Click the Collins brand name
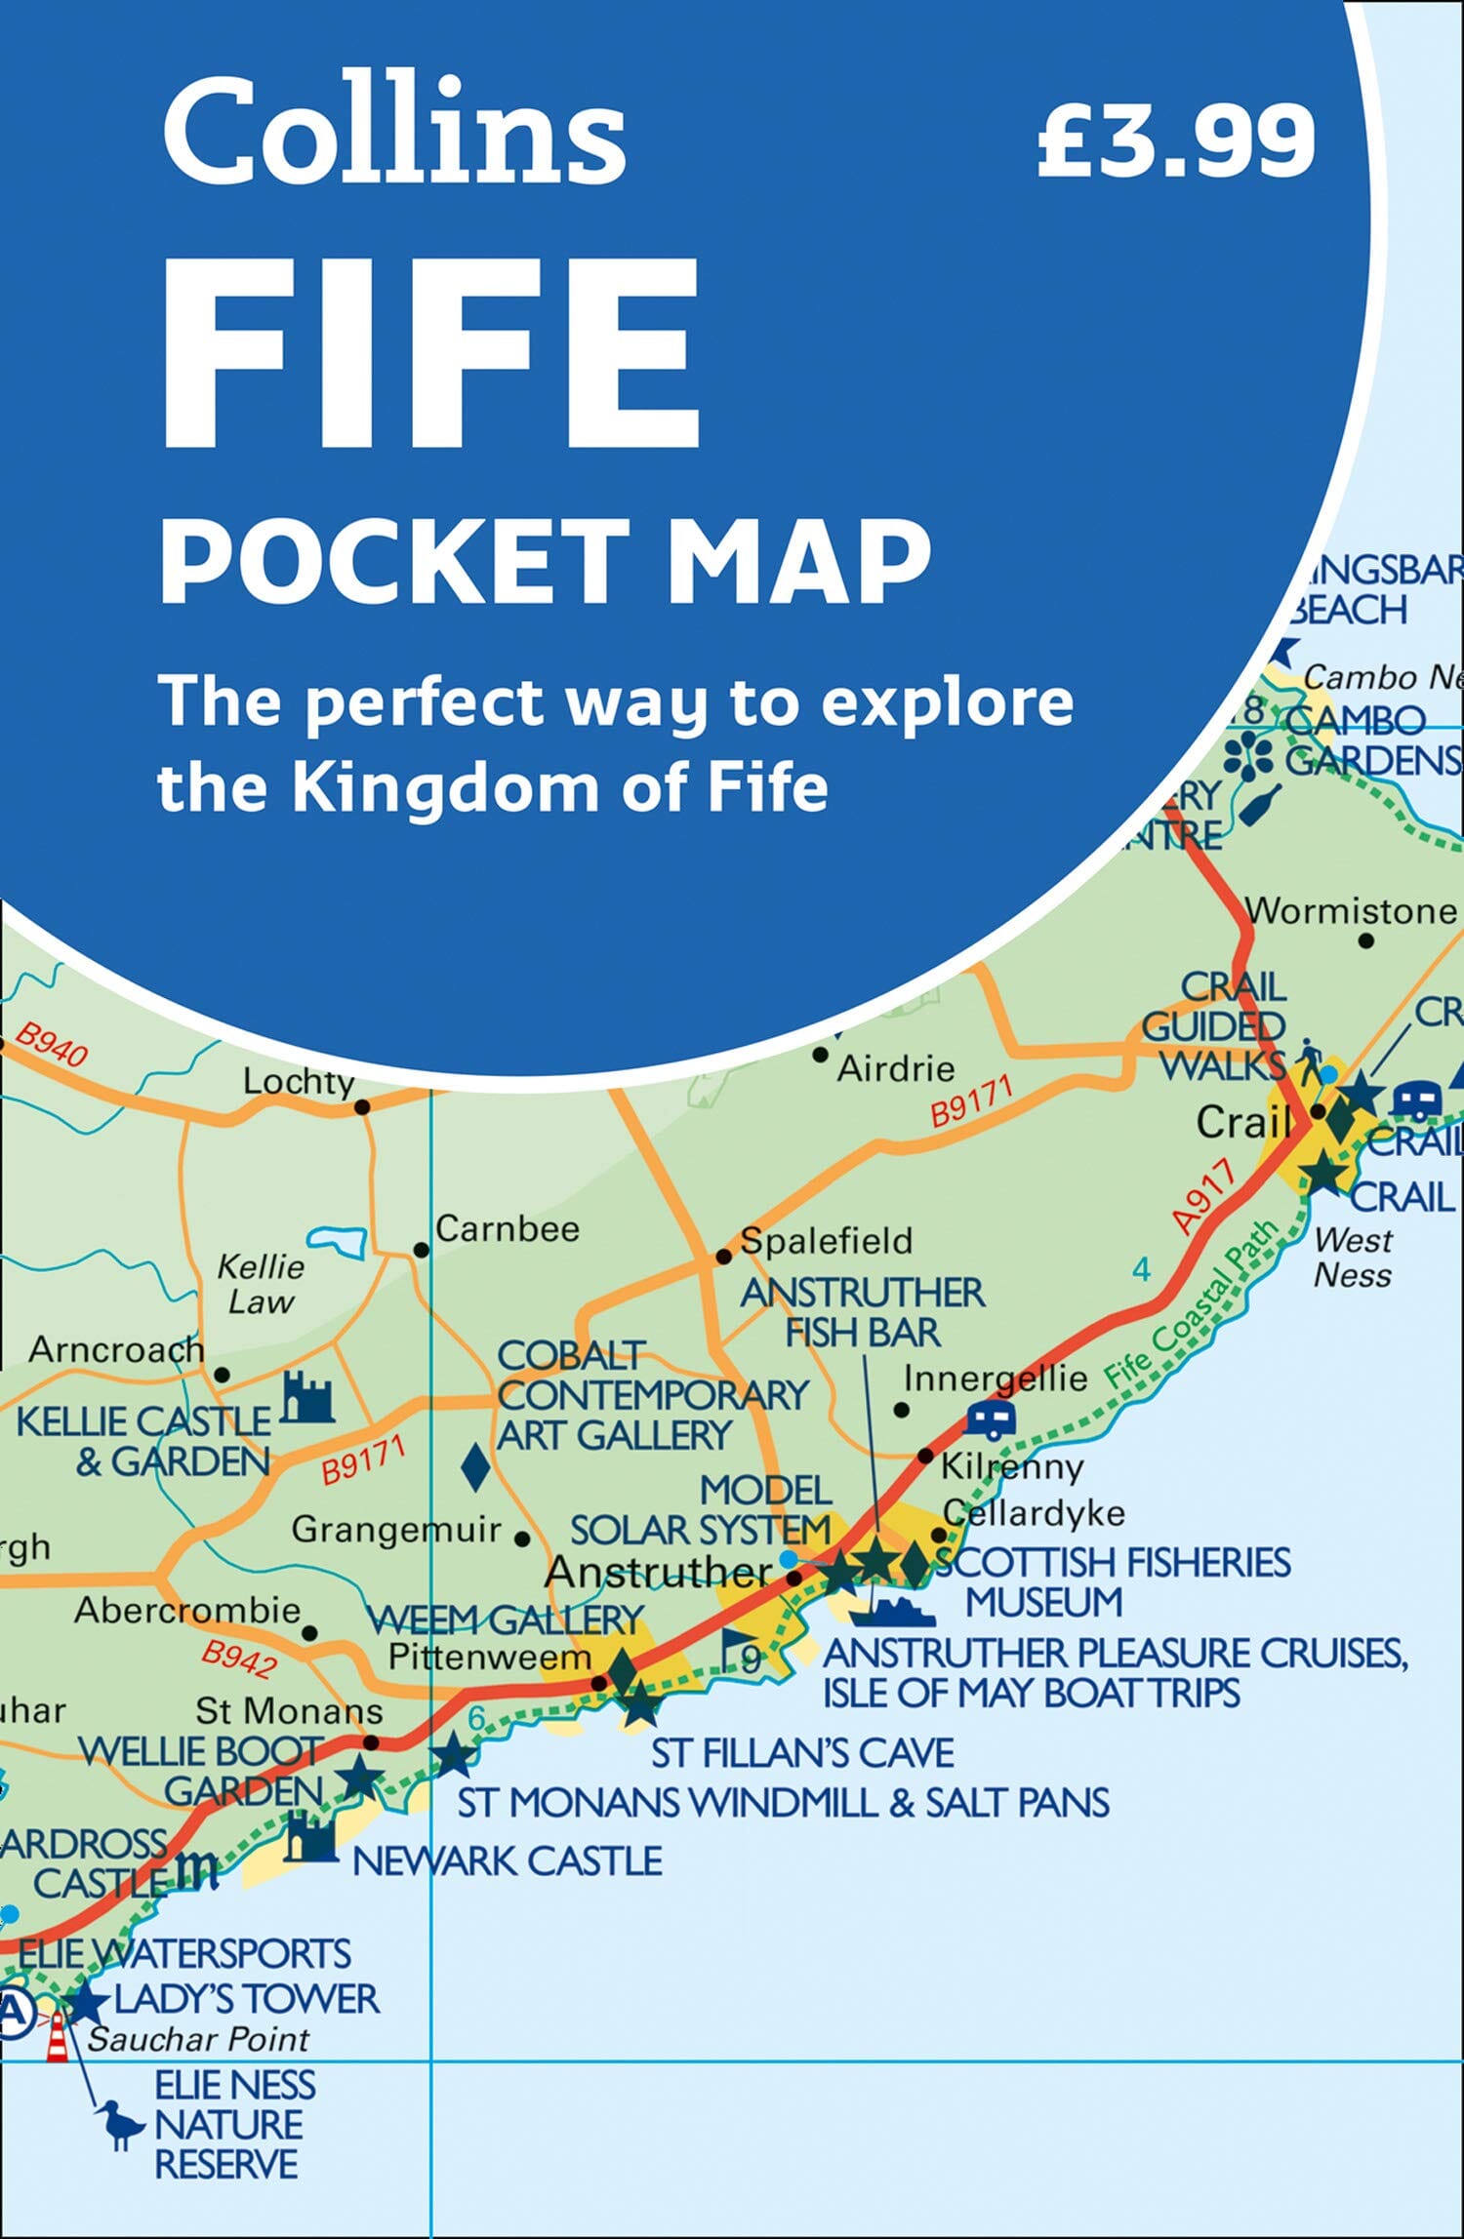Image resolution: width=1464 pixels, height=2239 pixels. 394,132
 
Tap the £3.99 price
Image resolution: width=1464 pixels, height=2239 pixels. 1176,141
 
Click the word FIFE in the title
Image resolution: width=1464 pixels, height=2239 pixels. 429,356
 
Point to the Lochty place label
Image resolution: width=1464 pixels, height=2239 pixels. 299,1081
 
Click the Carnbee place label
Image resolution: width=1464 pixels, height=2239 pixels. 507,1228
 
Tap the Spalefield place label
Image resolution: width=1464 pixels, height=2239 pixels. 826,1241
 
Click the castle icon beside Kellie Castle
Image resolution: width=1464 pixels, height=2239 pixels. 307,1397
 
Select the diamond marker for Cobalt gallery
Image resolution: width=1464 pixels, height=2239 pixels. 475,1466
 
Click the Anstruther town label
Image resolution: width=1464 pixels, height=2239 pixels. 659,1571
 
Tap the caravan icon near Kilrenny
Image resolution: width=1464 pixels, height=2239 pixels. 991,1419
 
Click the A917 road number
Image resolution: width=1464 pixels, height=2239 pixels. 1204,1197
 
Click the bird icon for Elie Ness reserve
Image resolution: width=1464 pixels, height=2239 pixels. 120,2124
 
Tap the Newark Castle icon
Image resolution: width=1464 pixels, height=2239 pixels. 310,1837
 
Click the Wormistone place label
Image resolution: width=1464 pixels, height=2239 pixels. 1352,911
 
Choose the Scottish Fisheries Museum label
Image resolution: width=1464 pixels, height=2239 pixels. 1113,1582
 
